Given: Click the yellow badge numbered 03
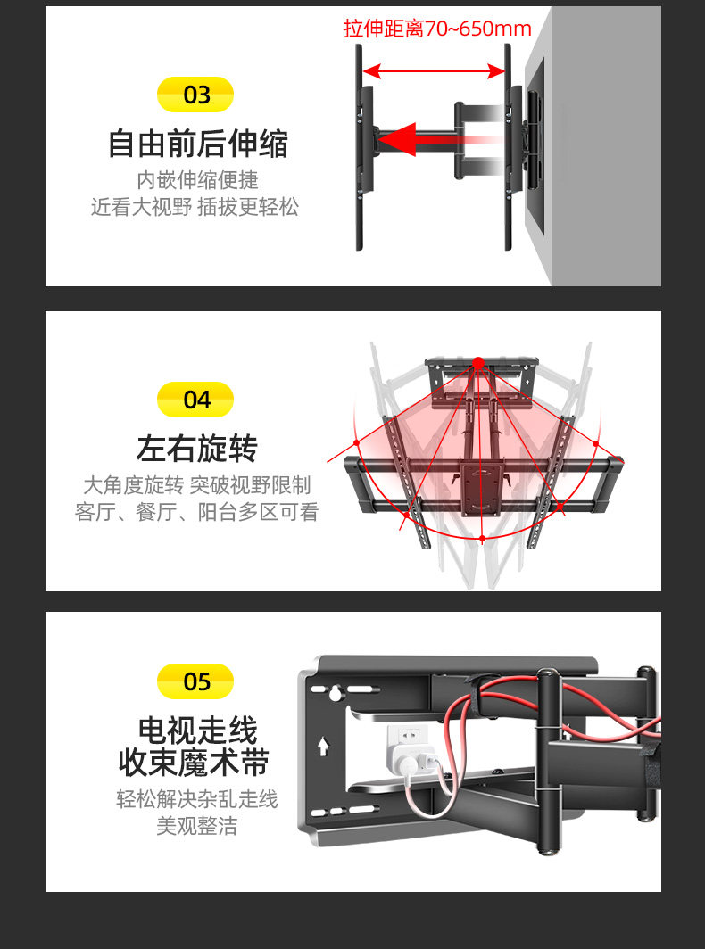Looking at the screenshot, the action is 195,95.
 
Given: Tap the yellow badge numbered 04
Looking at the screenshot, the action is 195,400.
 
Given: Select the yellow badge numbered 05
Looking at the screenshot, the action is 195,681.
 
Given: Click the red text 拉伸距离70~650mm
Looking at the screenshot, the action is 437,29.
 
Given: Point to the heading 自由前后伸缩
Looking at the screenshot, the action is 197,143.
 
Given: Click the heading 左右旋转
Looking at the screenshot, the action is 196,448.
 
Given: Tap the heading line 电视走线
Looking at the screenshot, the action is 197,730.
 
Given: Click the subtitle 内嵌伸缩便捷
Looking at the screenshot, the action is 197,180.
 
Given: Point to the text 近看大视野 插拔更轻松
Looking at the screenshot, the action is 195,208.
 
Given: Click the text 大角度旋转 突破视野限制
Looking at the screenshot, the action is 196,485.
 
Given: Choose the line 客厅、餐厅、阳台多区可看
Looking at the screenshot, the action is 196,513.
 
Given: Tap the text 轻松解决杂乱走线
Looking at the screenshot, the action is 196,798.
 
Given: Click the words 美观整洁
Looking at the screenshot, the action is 196,826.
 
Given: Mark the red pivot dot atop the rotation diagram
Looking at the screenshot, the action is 478,363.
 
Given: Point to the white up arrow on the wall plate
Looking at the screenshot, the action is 323,746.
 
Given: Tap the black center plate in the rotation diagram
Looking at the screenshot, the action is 481,487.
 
